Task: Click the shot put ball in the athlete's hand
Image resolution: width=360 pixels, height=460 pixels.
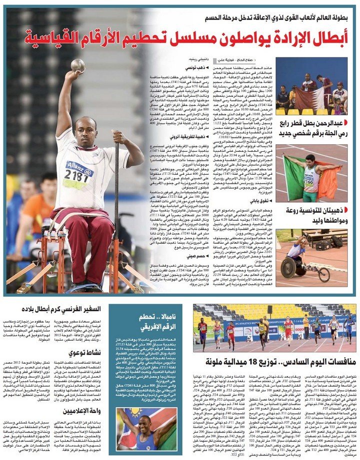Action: [x=77, y=65]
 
